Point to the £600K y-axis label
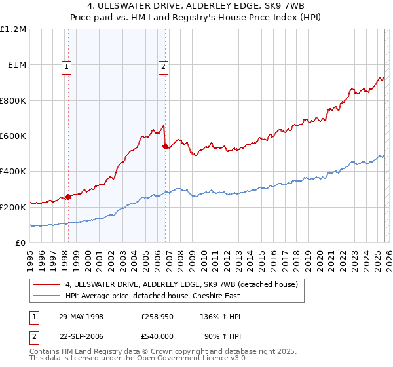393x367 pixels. tap(13, 136)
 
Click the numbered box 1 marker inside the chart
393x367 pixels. tap(67, 66)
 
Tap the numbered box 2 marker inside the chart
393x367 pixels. tap(163, 66)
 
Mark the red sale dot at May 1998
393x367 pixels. tap(68, 197)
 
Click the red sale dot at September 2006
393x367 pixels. tap(165, 147)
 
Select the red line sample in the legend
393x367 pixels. tap(47, 284)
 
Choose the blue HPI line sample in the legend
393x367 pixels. tap(47, 296)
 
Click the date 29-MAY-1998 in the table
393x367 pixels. tap(81, 317)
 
